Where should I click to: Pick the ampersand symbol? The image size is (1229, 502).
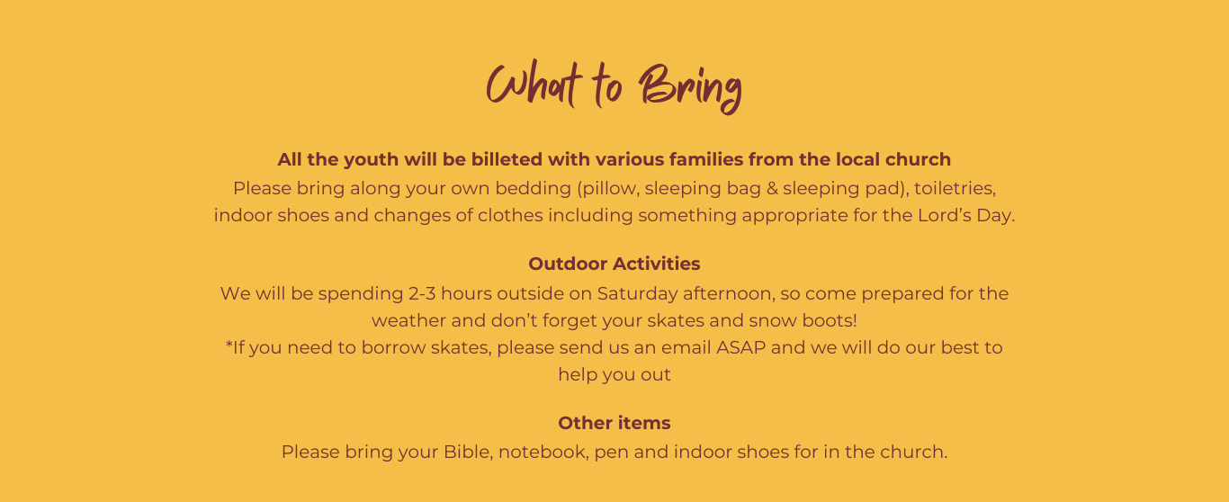(x=772, y=188)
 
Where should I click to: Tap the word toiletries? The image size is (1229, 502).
(x=955, y=188)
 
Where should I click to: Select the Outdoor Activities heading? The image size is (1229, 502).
(x=614, y=264)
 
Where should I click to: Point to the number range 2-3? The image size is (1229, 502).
(x=422, y=293)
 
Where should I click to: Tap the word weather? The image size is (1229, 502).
(x=408, y=320)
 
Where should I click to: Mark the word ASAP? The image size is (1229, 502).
(x=740, y=347)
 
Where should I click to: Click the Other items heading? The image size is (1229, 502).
(x=614, y=423)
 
